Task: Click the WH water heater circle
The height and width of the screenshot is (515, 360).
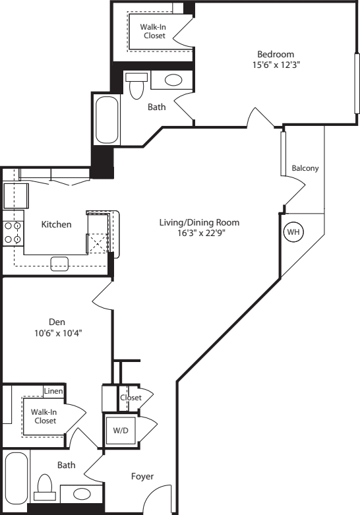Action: pyautogui.click(x=293, y=233)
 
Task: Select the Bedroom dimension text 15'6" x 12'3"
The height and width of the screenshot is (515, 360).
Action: pyautogui.click(x=276, y=65)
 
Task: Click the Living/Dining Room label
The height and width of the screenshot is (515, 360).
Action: pyautogui.click(x=199, y=222)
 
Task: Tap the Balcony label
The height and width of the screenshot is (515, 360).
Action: pyautogui.click(x=305, y=168)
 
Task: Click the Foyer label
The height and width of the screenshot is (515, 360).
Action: pyautogui.click(x=142, y=476)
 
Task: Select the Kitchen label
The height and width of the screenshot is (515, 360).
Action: pyautogui.click(x=56, y=224)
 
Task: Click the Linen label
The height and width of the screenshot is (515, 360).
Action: pyautogui.click(x=53, y=391)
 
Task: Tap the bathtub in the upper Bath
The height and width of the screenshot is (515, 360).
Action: pyautogui.click(x=105, y=119)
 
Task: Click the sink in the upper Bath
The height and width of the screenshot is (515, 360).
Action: pyautogui.click(x=173, y=80)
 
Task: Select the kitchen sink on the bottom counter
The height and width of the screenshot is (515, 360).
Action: pyautogui.click(x=60, y=263)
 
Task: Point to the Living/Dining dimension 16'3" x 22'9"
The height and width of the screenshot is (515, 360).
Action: pyautogui.click(x=199, y=233)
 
